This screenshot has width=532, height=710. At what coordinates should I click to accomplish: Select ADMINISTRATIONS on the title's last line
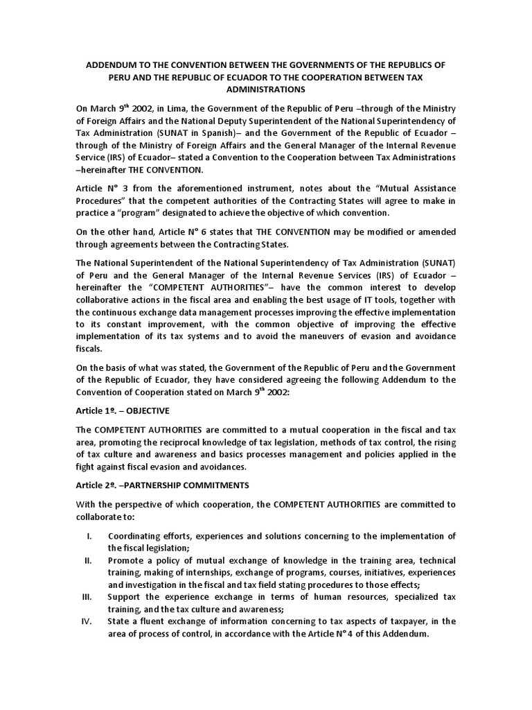266,90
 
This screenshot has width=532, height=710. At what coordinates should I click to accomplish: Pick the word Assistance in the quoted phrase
421,188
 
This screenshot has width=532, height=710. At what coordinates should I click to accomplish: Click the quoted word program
156,213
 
